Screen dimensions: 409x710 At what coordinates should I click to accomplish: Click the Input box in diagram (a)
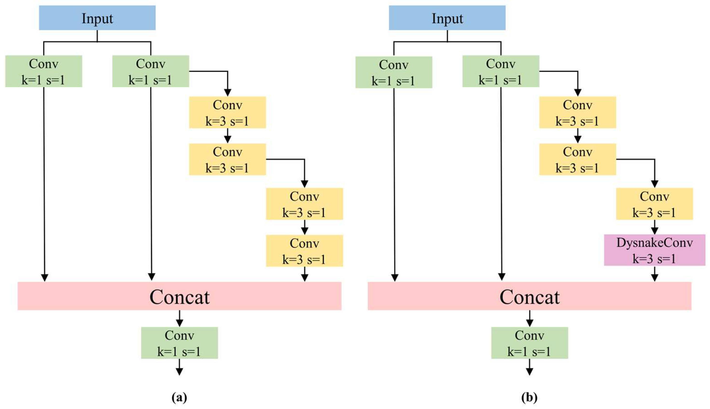click(x=97, y=18)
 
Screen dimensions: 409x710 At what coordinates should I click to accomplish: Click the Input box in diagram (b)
click(x=447, y=18)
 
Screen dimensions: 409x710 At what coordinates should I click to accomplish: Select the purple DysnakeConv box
click(x=654, y=250)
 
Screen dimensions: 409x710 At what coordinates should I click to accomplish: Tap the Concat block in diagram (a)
click(x=179, y=296)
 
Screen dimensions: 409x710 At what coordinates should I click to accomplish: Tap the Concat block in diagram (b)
click(x=529, y=296)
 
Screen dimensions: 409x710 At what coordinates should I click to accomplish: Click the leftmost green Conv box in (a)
click(x=44, y=71)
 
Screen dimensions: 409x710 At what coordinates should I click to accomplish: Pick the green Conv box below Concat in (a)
click(x=179, y=343)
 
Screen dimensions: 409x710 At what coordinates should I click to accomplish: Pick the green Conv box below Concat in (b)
click(x=529, y=343)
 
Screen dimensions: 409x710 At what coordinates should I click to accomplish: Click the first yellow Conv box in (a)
click(x=227, y=112)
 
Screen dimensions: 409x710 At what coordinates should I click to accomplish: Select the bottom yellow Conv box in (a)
click(x=304, y=251)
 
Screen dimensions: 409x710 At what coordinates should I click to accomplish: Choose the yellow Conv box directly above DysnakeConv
click(x=654, y=204)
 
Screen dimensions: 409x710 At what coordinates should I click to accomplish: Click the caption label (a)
click(x=179, y=397)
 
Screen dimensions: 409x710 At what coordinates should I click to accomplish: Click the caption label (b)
click(x=529, y=397)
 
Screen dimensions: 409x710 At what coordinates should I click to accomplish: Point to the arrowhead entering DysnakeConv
click(x=654, y=231)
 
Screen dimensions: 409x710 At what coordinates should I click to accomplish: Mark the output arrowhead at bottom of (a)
click(x=179, y=372)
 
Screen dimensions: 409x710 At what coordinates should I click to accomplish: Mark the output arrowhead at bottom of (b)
click(x=529, y=372)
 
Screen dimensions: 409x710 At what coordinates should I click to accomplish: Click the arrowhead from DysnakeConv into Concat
click(x=654, y=278)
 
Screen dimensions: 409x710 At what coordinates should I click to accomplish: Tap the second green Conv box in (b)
click(x=501, y=71)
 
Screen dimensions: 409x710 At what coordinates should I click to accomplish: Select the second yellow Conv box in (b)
click(x=577, y=159)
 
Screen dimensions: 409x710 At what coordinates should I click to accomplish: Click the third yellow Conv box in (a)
click(x=304, y=204)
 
